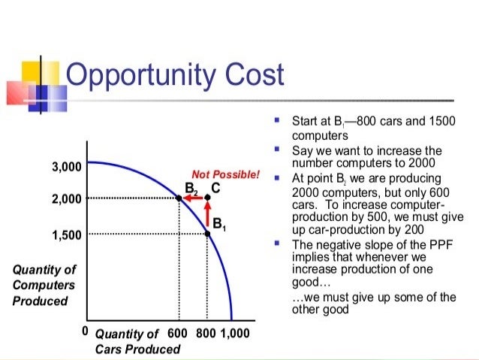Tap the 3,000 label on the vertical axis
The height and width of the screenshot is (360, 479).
(66, 166)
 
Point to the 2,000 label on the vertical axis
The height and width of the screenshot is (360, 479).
(66, 199)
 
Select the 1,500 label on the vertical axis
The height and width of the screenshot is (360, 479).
(66, 234)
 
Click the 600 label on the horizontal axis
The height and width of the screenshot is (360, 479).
(177, 333)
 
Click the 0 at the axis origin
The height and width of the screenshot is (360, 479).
(86, 331)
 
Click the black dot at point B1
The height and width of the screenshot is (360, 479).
(208, 233)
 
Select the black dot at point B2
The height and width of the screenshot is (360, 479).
(179, 198)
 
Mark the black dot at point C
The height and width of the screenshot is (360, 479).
(208, 198)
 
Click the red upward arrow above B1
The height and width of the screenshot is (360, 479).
(208, 215)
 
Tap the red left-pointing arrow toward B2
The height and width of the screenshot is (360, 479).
(193, 198)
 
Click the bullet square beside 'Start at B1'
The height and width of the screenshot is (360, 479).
(277, 120)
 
